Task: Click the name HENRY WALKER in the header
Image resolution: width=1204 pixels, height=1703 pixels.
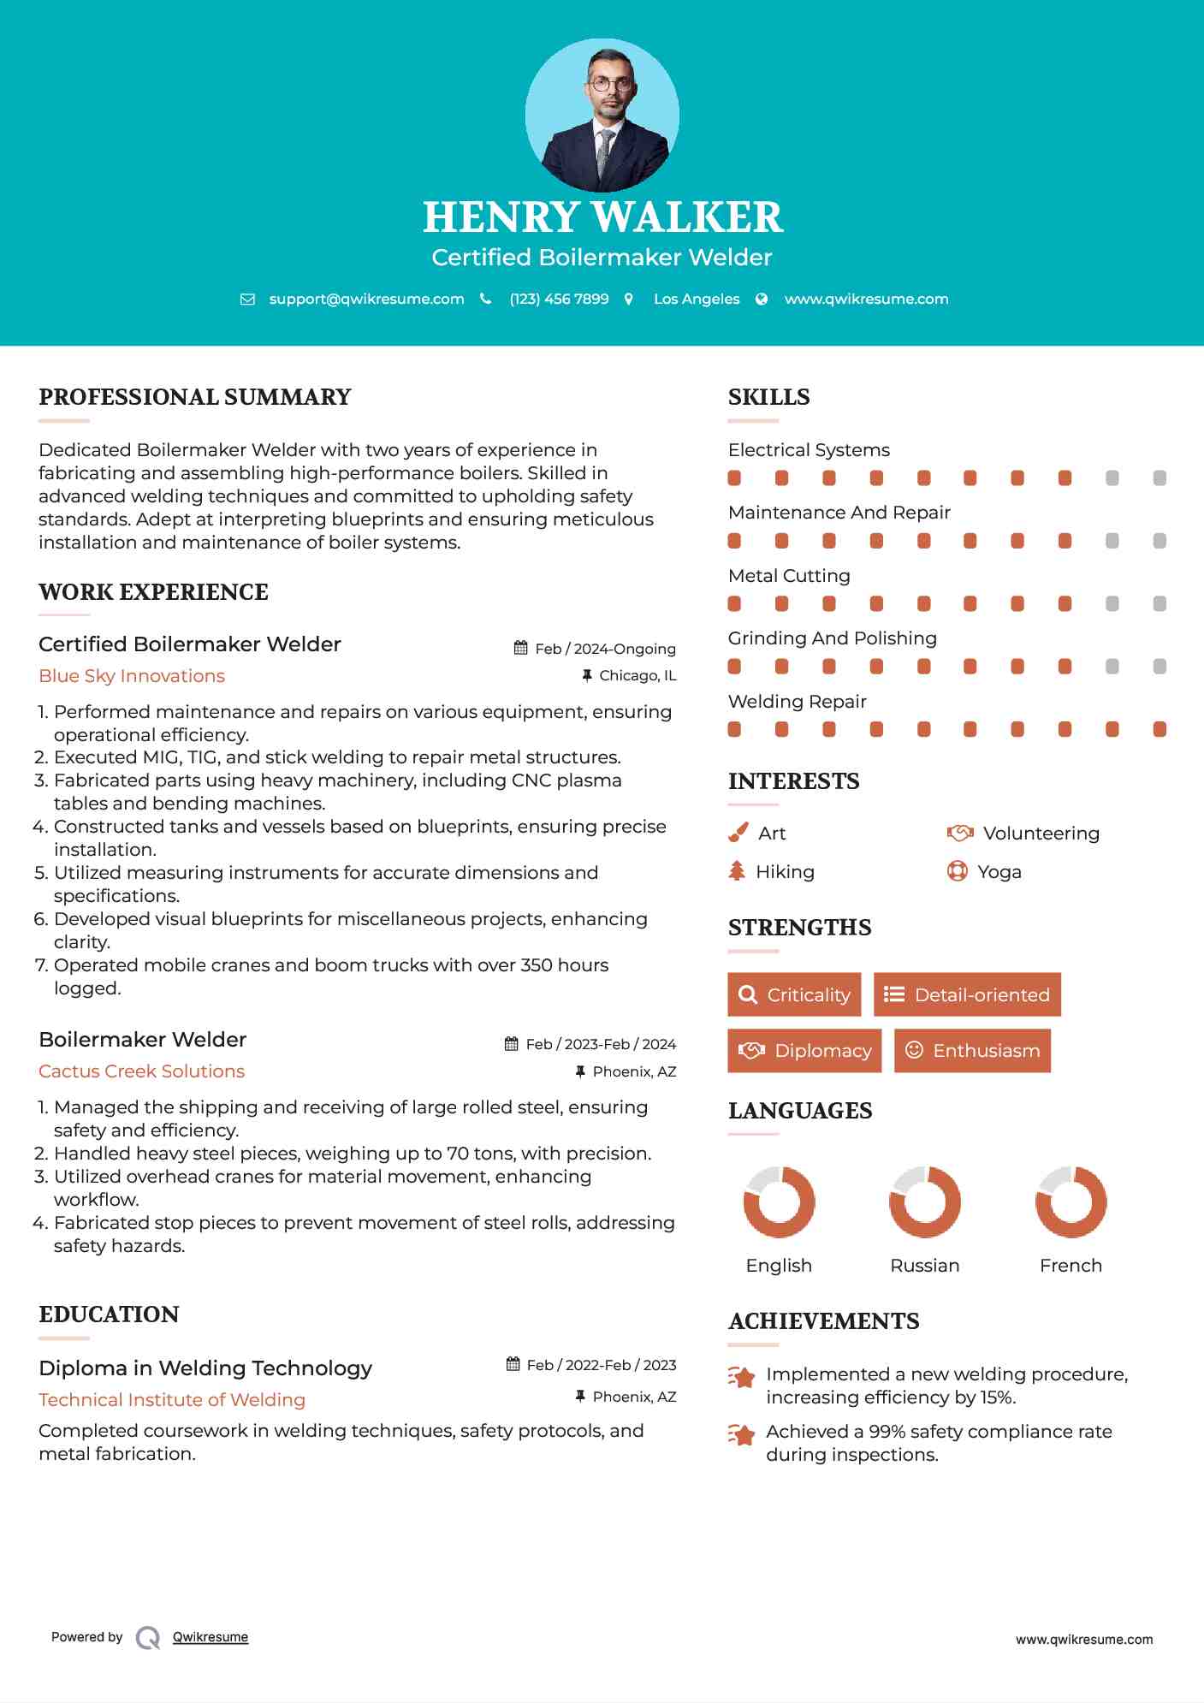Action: [602, 217]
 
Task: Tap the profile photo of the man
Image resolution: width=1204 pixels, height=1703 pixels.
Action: [602, 116]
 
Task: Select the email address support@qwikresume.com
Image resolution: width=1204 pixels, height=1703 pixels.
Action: [366, 299]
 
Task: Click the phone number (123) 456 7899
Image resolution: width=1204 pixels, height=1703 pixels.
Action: [559, 299]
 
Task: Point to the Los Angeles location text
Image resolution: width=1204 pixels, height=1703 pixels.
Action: [697, 299]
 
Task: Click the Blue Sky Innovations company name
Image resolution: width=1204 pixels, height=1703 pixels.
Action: [132, 676]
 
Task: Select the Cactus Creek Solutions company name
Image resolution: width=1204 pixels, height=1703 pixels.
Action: [141, 1071]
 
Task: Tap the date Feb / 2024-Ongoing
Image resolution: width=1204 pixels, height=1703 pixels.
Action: [605, 649]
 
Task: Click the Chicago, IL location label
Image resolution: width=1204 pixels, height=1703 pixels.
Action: [638, 676]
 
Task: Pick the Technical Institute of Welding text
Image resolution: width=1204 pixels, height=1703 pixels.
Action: [172, 1400]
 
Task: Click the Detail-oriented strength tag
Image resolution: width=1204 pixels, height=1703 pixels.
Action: [967, 994]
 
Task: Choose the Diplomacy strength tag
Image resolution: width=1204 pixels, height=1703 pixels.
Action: [804, 1051]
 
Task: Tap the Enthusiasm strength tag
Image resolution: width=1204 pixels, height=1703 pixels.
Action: [972, 1051]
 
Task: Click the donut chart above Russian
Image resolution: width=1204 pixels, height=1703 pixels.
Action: [925, 1202]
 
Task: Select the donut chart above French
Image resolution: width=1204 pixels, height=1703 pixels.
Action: [1071, 1202]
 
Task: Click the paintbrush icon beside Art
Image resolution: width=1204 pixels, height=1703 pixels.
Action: [738, 834]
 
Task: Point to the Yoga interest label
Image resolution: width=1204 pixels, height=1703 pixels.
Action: [999, 872]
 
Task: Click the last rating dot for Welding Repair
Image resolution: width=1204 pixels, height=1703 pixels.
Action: [1160, 729]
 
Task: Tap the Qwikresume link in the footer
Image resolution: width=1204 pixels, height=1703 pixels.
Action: [211, 1637]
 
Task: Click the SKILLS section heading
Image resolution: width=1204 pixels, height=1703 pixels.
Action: [768, 397]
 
